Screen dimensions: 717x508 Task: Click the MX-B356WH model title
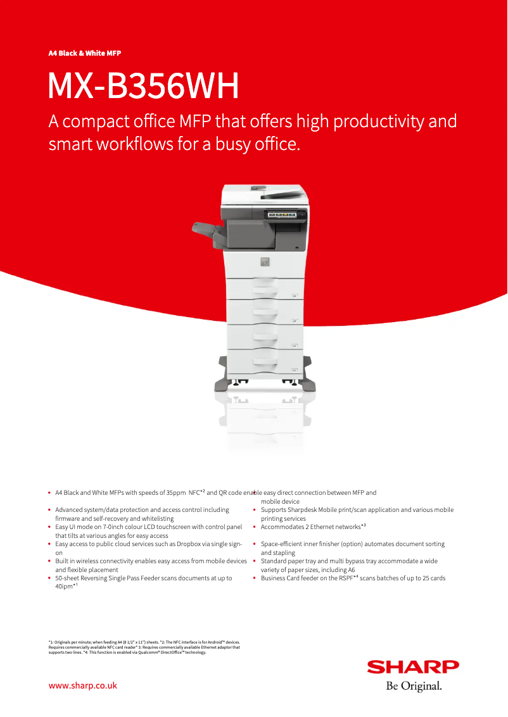(x=144, y=87)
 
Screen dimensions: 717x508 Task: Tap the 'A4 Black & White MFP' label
(x=85, y=53)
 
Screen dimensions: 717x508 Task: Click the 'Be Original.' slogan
(x=414, y=685)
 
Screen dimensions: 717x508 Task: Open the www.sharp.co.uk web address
(x=83, y=685)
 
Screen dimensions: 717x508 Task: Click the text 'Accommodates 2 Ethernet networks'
(x=310, y=527)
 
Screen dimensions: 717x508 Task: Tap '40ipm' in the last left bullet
(x=64, y=587)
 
